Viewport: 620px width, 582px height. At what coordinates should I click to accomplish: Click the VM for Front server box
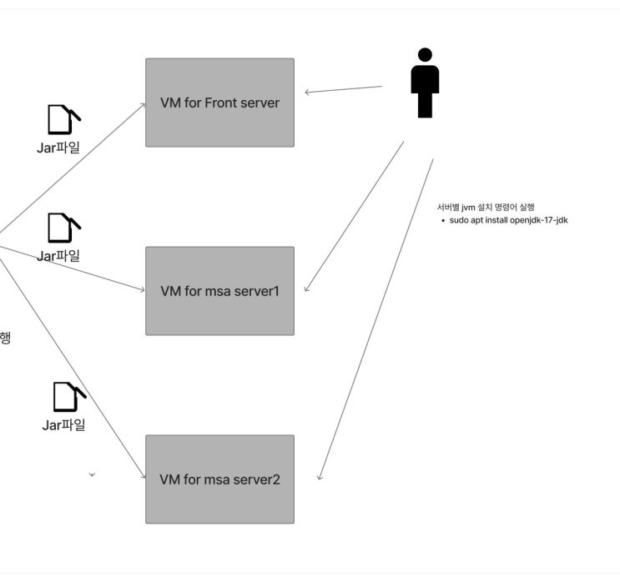pos(219,103)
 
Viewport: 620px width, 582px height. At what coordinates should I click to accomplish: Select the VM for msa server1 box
pos(219,291)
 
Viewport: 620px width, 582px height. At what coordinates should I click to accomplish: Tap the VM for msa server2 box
pos(219,479)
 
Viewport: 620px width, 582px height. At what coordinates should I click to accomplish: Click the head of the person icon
pos(425,55)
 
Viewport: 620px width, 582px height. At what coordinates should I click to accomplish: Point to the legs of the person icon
pos(425,106)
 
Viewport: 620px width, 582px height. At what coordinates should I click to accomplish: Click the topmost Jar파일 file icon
pos(64,119)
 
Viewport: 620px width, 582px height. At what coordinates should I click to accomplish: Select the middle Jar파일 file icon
pos(64,228)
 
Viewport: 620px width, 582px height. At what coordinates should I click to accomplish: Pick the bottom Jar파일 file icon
pos(69,397)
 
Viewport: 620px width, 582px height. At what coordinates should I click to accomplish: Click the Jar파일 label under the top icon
pos(58,148)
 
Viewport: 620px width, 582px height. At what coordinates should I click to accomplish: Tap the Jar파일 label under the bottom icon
pos(63,425)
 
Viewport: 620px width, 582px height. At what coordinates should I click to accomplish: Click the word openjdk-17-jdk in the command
pos(538,220)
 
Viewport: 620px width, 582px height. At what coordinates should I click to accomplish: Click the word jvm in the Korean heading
pos(468,208)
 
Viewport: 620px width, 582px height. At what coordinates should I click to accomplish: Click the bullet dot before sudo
pos(443,220)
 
